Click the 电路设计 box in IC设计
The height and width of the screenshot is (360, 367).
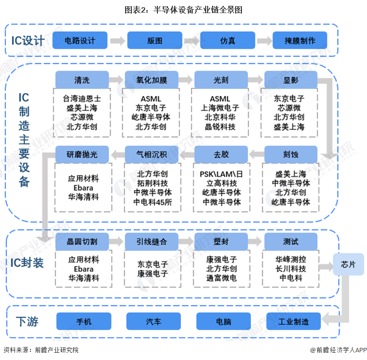[80, 41]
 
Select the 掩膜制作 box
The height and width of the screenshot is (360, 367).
[300, 41]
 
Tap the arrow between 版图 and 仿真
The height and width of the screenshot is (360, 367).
[191, 41]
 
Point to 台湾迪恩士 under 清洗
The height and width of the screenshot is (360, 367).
[82, 98]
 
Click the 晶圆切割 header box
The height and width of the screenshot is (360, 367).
[82, 241]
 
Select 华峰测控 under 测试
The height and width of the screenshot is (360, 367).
[291, 259]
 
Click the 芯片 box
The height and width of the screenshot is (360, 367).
[348, 265]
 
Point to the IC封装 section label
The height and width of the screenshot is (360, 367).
[28, 263]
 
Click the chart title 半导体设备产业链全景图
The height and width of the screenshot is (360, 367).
[183, 9]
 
